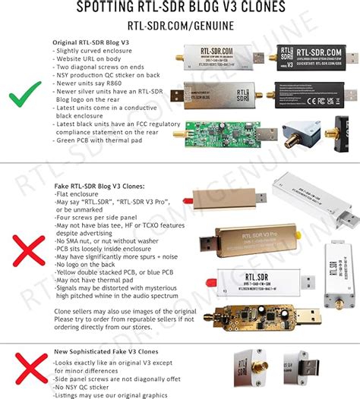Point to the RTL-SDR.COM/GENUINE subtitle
(x=179, y=24)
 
